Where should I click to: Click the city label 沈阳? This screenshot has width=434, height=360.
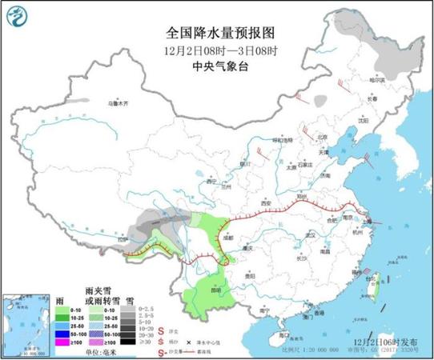point(364,122)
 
